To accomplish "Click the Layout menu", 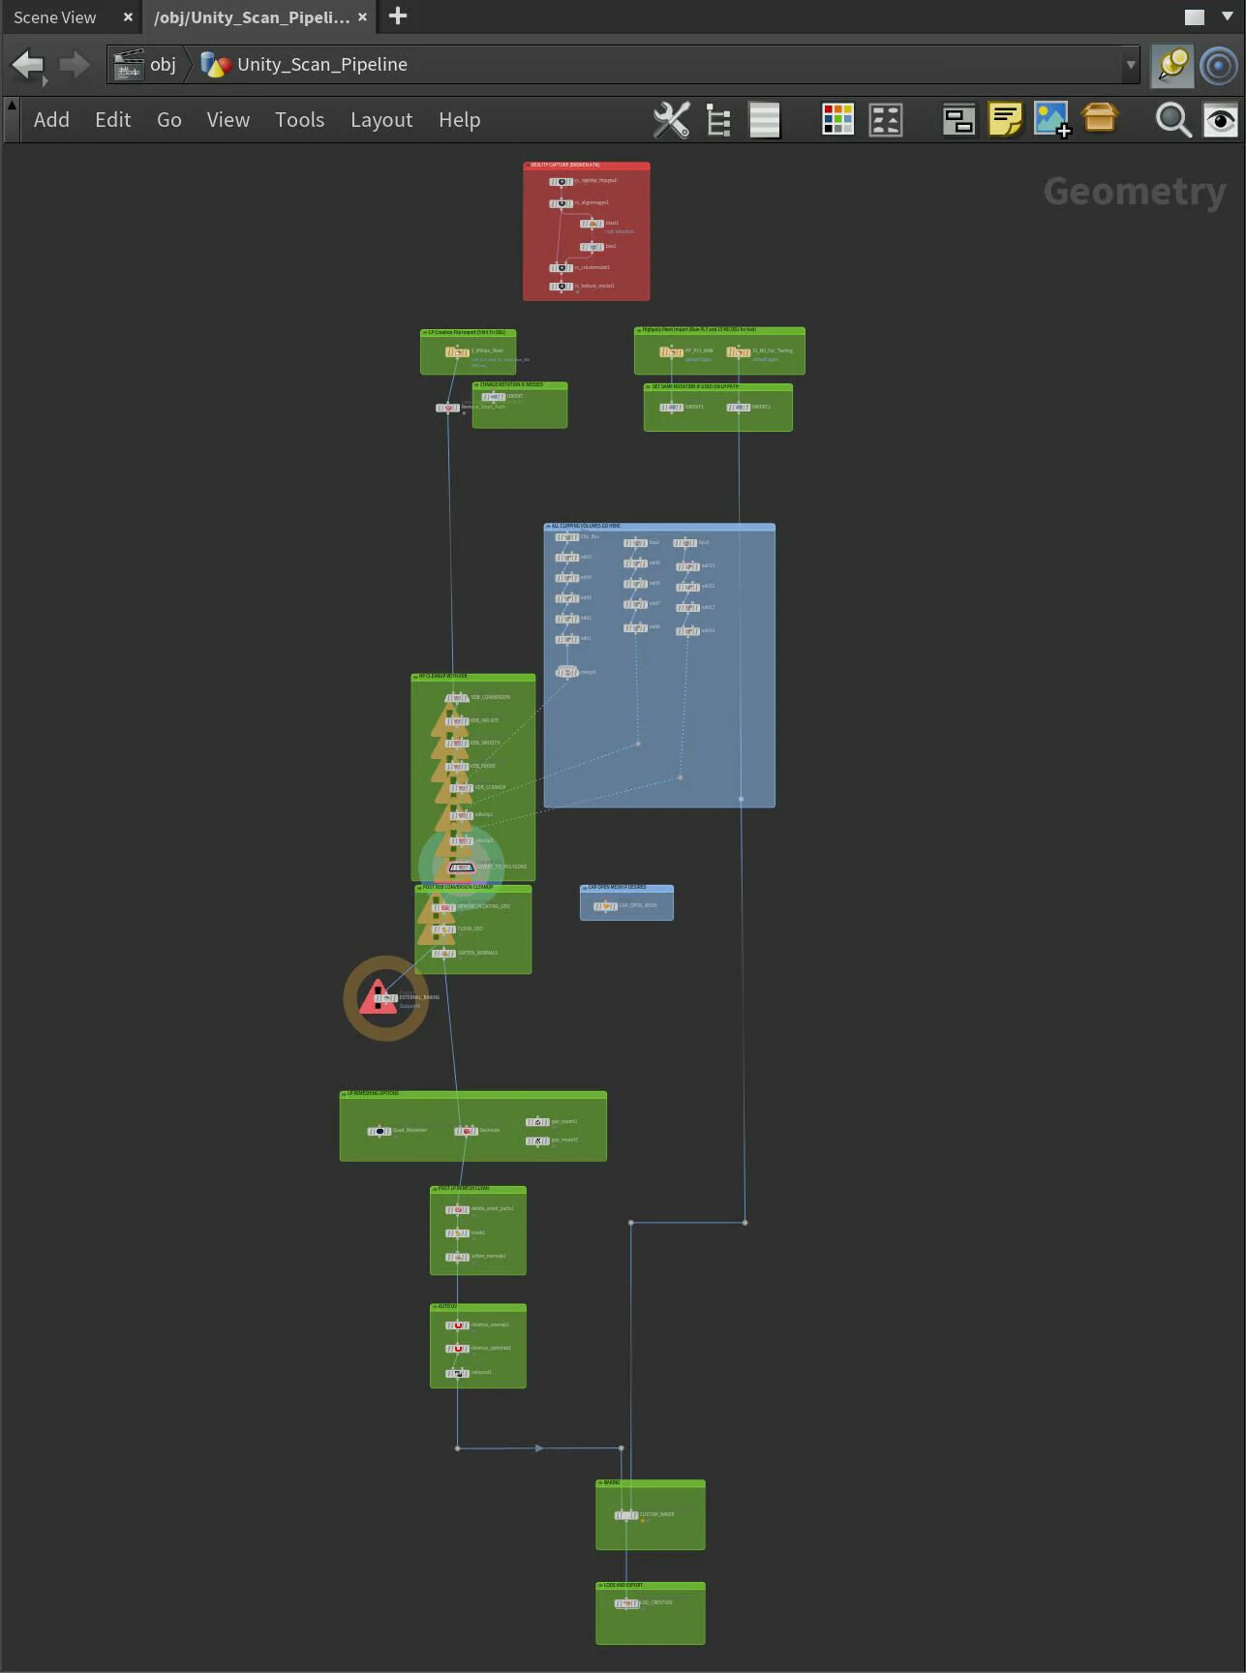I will [x=380, y=120].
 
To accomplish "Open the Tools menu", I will [x=299, y=120].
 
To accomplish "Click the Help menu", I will [x=459, y=120].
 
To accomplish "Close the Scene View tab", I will [x=128, y=17].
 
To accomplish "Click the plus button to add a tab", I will [x=398, y=16].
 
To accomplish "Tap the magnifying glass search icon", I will [x=1172, y=120].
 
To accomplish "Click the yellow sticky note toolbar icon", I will [x=1005, y=120].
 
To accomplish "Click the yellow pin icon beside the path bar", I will [x=1171, y=65].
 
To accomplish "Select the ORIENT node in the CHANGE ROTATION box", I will [x=493, y=397].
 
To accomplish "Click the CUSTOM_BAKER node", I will [x=626, y=1515].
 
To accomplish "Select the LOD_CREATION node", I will [x=626, y=1603].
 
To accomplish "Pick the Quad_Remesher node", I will [x=380, y=1131].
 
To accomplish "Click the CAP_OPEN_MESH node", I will [x=605, y=906].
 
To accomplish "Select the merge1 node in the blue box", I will [x=566, y=672].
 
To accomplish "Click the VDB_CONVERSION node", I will [x=457, y=698].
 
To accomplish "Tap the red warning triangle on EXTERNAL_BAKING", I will [x=377, y=998].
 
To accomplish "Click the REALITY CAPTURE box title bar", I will [x=586, y=166].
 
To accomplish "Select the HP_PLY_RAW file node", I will [x=671, y=351].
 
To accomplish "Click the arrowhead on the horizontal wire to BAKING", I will [x=539, y=1448].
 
